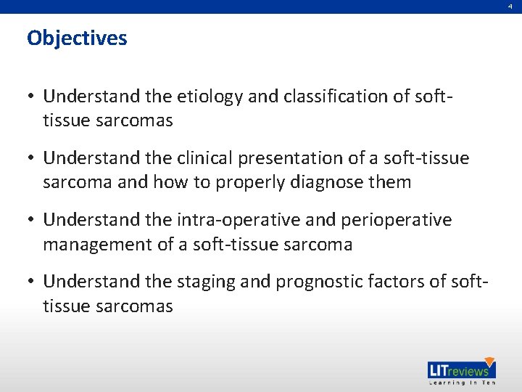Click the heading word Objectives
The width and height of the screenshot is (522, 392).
point(77,38)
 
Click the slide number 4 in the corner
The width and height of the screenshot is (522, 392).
point(510,6)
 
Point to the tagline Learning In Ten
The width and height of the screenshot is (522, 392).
point(461,383)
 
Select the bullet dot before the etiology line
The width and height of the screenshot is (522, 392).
point(32,97)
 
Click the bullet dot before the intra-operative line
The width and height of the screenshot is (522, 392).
point(32,220)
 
